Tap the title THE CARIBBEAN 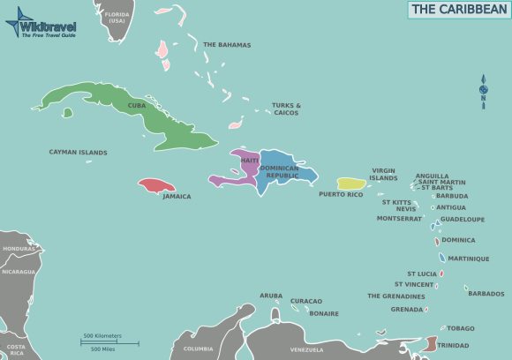pyautogui.click(x=458, y=10)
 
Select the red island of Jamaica pyautogui.click(x=154, y=186)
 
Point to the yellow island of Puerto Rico pyautogui.click(x=350, y=184)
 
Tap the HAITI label pyautogui.click(x=250, y=160)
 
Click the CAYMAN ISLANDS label pyautogui.click(x=78, y=153)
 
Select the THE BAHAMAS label pyautogui.click(x=227, y=45)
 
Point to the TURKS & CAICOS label pyautogui.click(x=286, y=109)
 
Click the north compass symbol pyautogui.click(x=483, y=90)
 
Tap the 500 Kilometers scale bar pyautogui.click(x=102, y=340)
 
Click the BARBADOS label pyautogui.click(x=486, y=294)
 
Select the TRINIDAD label pyautogui.click(x=453, y=345)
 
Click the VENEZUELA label pyautogui.click(x=307, y=349)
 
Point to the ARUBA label pyautogui.click(x=271, y=296)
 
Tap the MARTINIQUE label pyautogui.click(x=468, y=259)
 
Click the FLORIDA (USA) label pyautogui.click(x=117, y=18)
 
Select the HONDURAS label pyautogui.click(x=19, y=249)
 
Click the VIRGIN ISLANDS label pyautogui.click(x=383, y=174)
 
